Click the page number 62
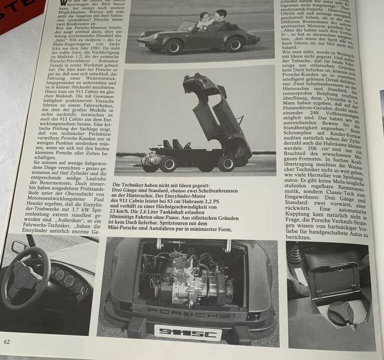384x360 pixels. [7, 341]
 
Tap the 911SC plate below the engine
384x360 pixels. [179, 332]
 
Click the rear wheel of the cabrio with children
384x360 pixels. [233, 44]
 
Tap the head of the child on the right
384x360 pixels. [220, 14]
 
